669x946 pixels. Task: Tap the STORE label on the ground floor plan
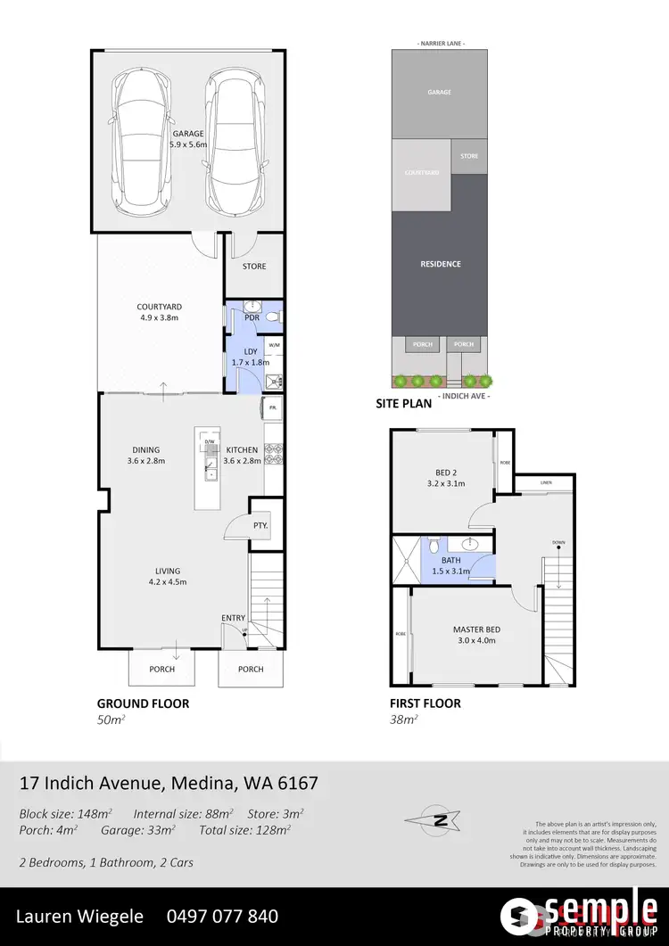[254, 267]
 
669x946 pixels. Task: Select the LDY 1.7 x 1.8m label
[251, 357]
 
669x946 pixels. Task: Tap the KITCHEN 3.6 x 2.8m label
[241, 455]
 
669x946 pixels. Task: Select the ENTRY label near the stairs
[233, 618]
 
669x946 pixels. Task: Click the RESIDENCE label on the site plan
[440, 264]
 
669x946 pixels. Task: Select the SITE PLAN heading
[403, 403]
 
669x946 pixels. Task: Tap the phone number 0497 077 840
[222, 916]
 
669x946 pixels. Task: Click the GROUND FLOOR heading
[143, 703]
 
